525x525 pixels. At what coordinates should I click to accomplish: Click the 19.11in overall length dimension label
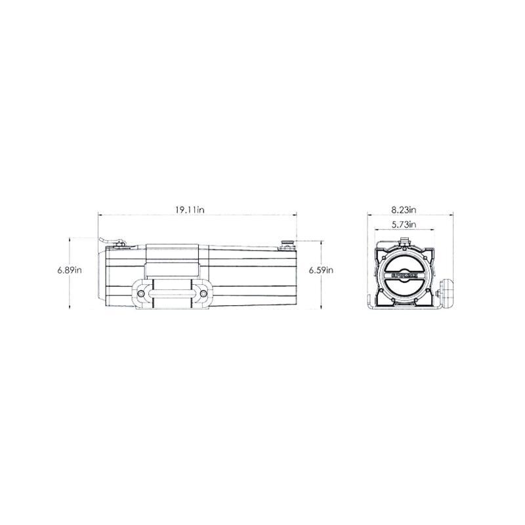pos(190,210)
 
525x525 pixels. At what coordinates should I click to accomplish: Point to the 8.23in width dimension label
pos(404,210)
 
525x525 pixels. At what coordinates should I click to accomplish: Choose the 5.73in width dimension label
pos(404,225)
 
